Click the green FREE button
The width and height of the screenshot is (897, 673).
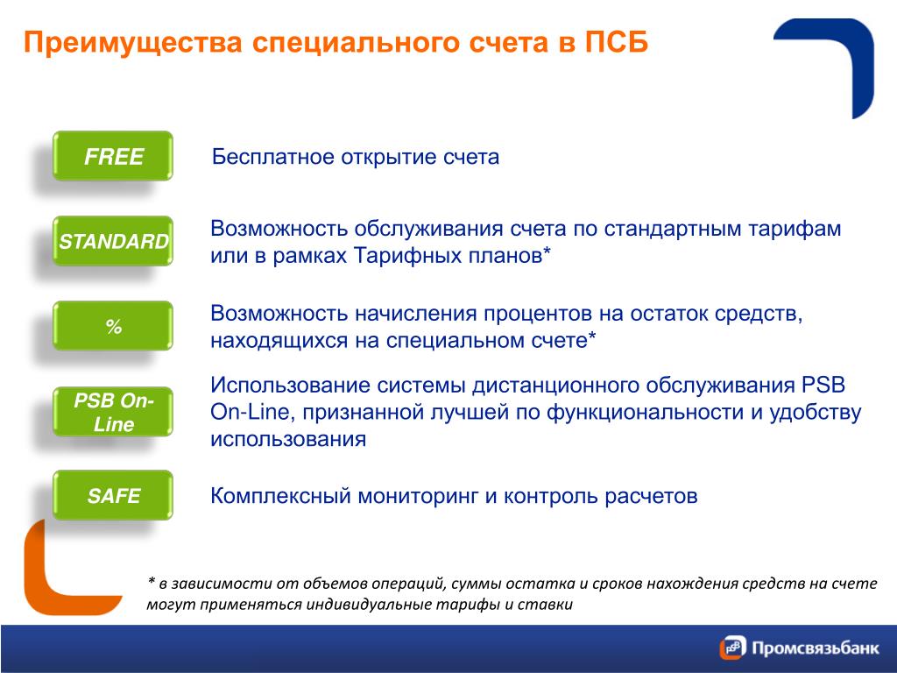point(113,156)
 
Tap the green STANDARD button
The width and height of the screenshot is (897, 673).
point(113,241)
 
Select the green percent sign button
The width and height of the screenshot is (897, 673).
point(113,326)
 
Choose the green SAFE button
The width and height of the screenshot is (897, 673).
point(113,495)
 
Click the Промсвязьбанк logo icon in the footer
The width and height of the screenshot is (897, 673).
point(733,648)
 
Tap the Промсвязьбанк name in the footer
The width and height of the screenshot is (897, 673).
point(816,648)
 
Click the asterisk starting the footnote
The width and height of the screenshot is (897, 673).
point(151,582)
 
